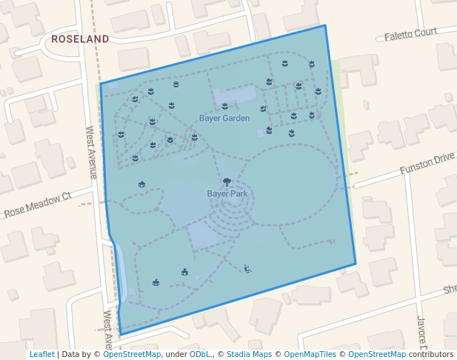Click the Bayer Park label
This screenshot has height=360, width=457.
(x=227, y=193)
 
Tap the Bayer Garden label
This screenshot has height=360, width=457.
(x=224, y=118)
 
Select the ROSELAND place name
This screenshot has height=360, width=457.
(x=79, y=39)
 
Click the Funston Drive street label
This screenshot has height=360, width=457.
(x=427, y=164)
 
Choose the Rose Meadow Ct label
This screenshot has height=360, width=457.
(x=37, y=205)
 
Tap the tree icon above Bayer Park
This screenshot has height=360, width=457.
(x=227, y=181)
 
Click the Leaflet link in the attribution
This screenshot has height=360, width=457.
(x=42, y=354)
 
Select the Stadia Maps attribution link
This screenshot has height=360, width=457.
(x=249, y=354)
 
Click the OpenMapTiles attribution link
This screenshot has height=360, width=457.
(x=310, y=354)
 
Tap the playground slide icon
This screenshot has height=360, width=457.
(x=247, y=269)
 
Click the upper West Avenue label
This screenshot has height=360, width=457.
(x=91, y=152)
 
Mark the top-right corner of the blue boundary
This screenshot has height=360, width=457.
(x=324, y=26)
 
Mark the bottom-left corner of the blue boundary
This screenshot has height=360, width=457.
(x=120, y=334)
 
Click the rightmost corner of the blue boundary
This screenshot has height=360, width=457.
(x=356, y=263)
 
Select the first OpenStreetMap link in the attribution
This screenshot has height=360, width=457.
(x=132, y=354)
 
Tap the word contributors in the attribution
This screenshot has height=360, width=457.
(x=430, y=354)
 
